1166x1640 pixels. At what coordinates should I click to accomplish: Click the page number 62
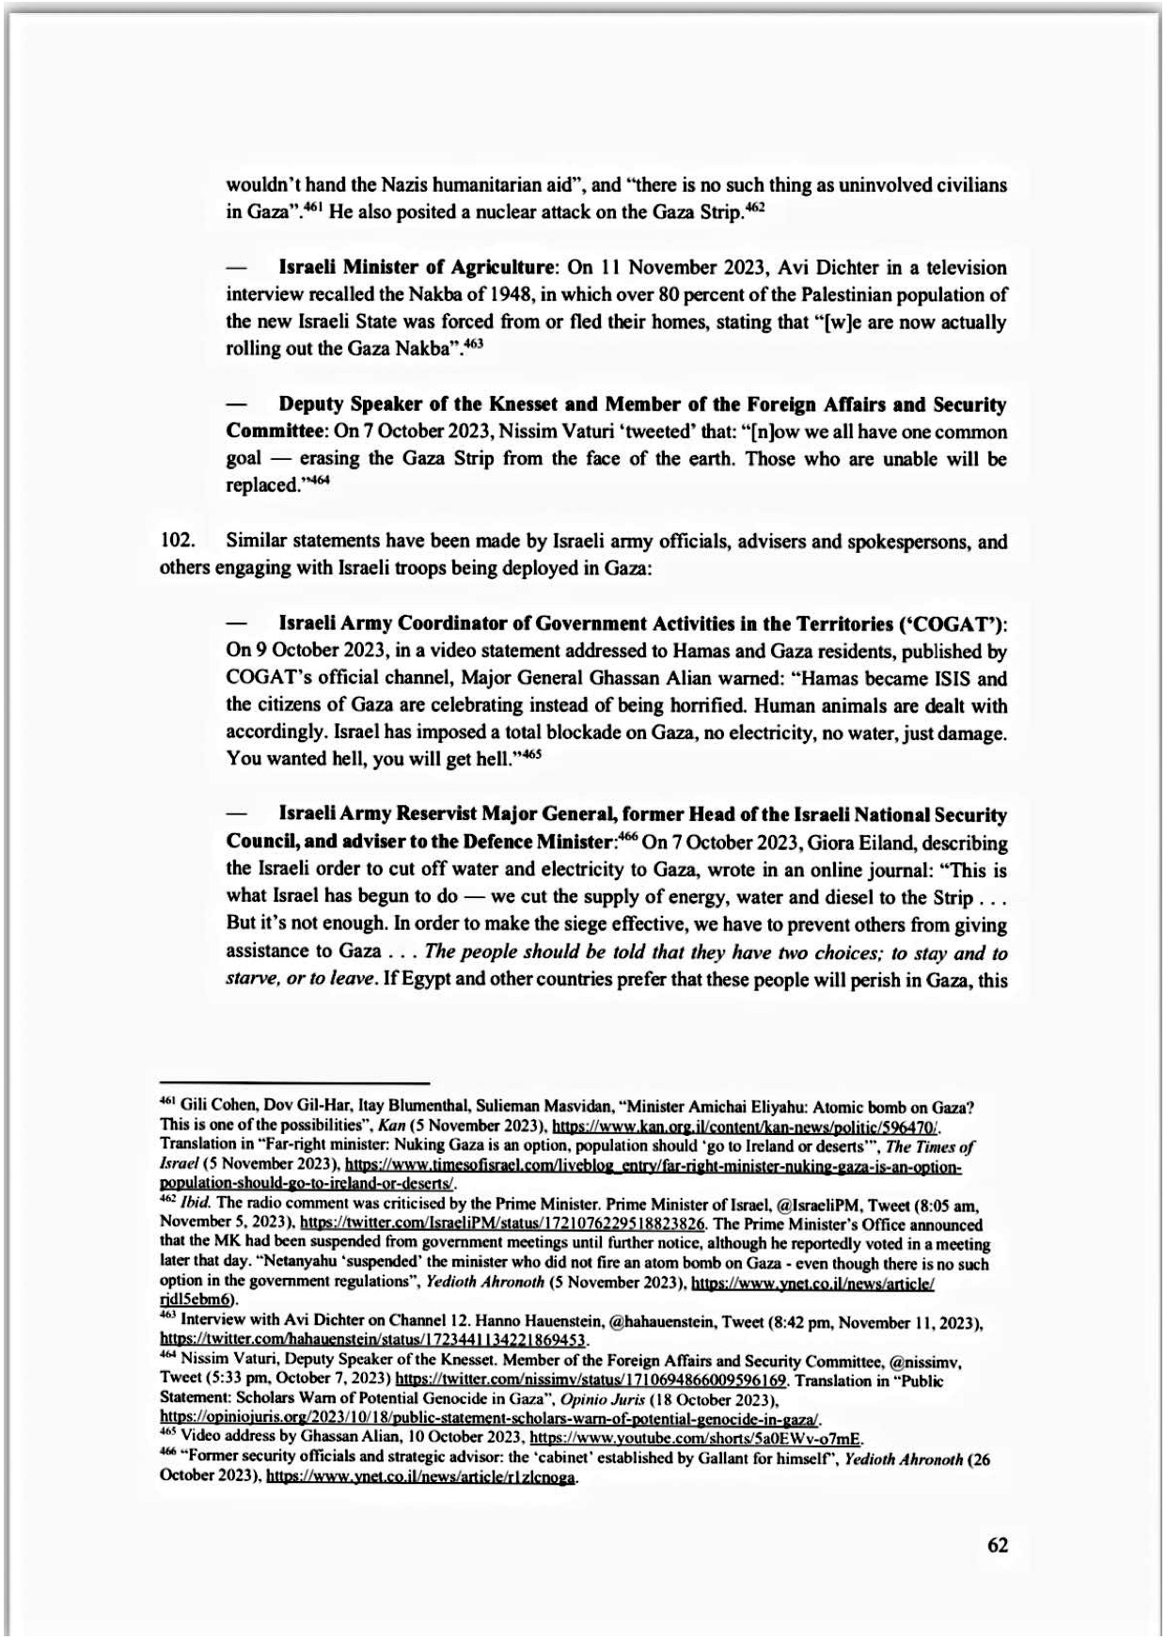point(998,1545)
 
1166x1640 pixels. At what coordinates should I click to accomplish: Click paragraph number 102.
point(176,542)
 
